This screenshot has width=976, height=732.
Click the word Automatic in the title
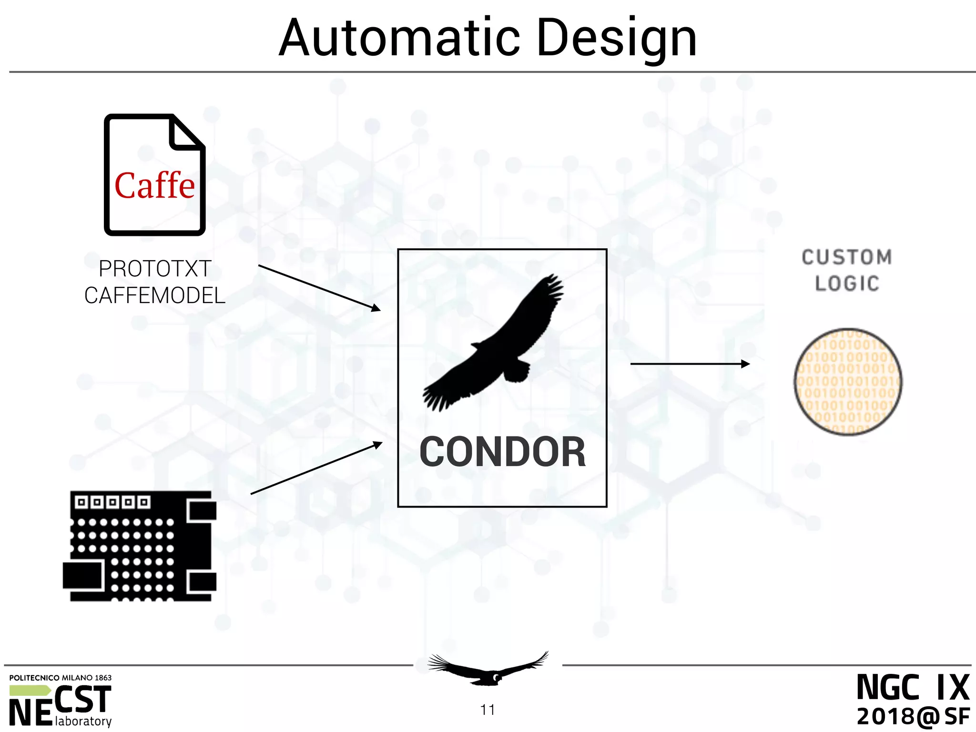(399, 38)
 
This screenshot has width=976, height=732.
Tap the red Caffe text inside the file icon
(154, 186)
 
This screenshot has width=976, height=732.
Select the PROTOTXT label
(155, 269)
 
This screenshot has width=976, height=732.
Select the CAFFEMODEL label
(155, 295)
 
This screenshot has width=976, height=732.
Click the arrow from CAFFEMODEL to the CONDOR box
(319, 288)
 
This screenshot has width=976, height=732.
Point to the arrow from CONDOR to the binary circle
(690, 364)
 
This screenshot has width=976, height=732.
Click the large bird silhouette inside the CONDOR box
(496, 343)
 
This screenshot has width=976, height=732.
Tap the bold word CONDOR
(502, 452)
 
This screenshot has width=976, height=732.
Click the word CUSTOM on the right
(846, 257)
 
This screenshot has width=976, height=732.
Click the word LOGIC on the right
(847, 284)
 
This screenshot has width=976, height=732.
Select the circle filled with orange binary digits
(847, 382)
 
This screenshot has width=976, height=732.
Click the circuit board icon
(140, 546)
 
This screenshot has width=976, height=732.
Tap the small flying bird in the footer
(488, 669)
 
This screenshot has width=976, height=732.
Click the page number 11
(488, 710)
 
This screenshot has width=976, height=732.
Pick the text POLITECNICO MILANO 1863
(61, 678)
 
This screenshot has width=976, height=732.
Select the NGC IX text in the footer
(913, 688)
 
